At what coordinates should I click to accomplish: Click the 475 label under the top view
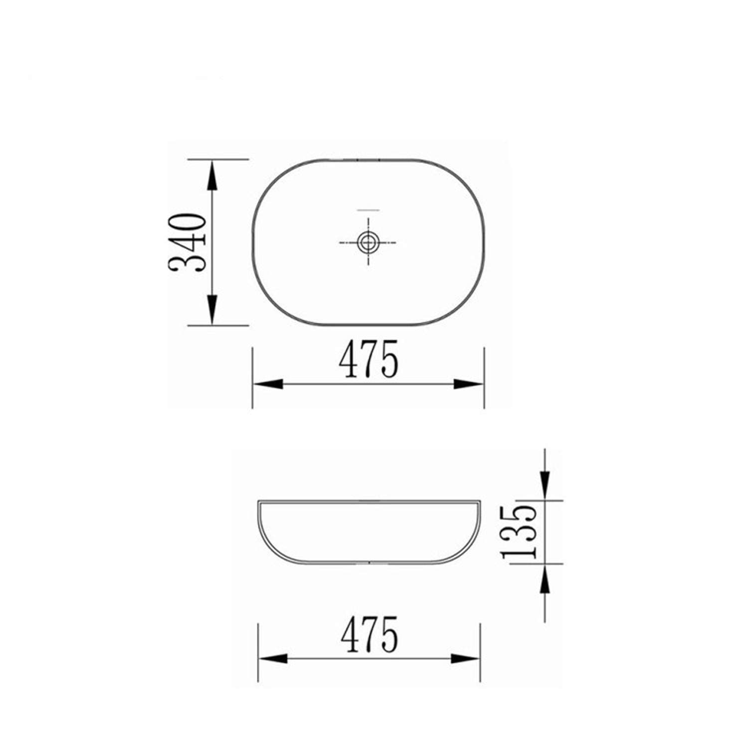coord(369,360)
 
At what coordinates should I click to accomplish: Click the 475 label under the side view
coord(370,634)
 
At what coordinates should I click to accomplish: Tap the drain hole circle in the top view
coord(368,242)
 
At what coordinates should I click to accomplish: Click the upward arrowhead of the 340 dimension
coord(212,175)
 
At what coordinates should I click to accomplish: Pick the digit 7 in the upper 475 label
coord(369,360)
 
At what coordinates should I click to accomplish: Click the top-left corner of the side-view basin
coord(258,501)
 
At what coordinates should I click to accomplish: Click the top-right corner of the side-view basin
coord(480,501)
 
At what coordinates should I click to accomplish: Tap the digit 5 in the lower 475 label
coord(389,634)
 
